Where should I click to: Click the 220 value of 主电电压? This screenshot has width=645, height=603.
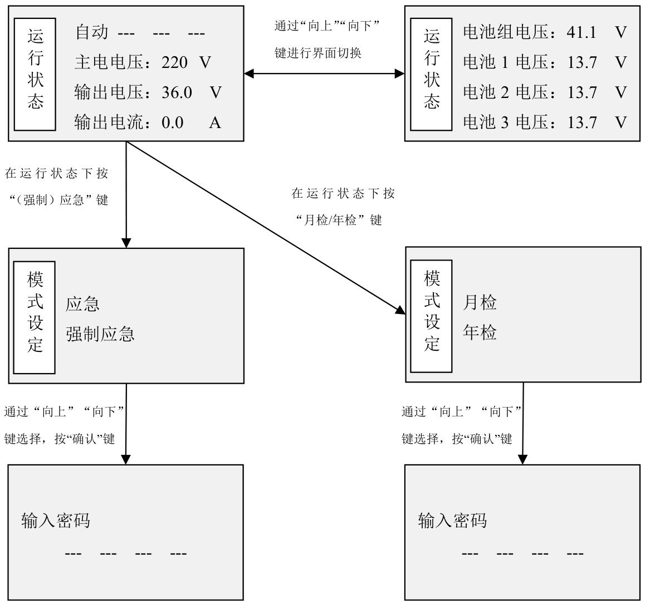click(174, 62)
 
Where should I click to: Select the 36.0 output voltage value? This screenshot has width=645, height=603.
click(177, 92)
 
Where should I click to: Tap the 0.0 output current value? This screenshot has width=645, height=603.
click(172, 122)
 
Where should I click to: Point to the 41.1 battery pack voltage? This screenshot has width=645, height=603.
click(582, 32)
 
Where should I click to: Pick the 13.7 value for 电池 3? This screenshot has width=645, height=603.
click(582, 122)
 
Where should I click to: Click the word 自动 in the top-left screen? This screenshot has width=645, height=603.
click(92, 32)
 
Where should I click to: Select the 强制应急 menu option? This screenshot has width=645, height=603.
click(100, 334)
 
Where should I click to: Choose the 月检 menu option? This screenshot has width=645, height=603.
click(480, 303)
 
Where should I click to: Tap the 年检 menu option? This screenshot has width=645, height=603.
click(480, 333)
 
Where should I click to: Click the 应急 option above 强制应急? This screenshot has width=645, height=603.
click(83, 304)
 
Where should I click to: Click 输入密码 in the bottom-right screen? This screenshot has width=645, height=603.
click(452, 521)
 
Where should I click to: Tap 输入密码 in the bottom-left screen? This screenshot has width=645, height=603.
click(56, 521)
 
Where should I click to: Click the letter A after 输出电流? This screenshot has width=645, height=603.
click(215, 122)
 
